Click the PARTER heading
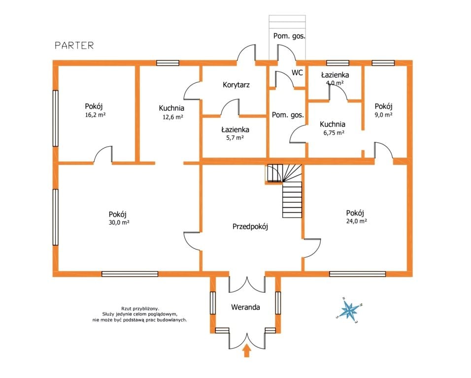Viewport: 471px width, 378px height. (74, 46)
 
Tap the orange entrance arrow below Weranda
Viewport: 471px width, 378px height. (247, 350)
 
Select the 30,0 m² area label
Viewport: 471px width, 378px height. (119, 222)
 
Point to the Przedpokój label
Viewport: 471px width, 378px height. (250, 226)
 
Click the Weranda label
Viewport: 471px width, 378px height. (245, 307)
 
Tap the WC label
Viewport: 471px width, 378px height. (297, 73)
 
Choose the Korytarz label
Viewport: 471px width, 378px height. (236, 85)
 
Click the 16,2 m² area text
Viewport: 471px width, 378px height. (95, 115)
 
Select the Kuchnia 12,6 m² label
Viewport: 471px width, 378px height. (172, 112)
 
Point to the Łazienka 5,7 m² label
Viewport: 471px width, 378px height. (235, 133)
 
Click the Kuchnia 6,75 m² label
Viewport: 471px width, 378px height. (333, 128)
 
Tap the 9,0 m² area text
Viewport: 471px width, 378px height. (384, 115)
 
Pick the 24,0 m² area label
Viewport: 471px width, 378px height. (357, 221)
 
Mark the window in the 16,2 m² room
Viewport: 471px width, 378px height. (55, 118)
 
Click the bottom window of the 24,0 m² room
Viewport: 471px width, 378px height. (358, 274)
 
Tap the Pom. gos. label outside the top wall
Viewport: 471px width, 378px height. (289, 36)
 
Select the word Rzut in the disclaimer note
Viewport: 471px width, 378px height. (127, 309)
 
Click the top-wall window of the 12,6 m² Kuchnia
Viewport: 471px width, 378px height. (168, 63)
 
